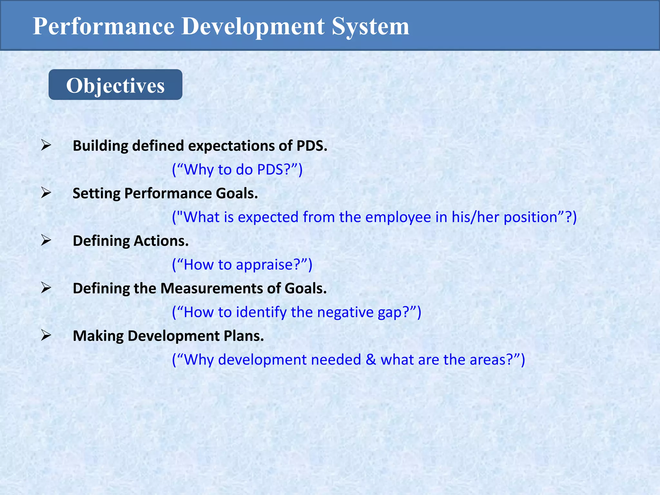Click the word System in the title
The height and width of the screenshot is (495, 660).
[370, 26]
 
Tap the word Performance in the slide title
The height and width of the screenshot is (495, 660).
[103, 26]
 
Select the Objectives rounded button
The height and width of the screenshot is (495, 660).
[115, 85]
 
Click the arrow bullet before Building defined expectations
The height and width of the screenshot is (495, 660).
[46, 145]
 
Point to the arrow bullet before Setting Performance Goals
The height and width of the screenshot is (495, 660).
[46, 193]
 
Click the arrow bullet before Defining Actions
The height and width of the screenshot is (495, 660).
[46, 240]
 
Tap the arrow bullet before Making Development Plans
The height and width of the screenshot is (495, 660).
[46, 335]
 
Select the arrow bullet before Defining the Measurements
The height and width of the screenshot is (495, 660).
[46, 288]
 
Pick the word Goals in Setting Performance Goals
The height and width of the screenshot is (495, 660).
[237, 193]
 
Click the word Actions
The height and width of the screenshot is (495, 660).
[161, 241]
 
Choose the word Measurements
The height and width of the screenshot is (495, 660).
[211, 288]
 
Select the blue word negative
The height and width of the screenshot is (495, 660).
[345, 312]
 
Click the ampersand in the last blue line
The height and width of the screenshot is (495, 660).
[371, 360]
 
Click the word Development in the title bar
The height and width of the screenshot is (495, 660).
[253, 26]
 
